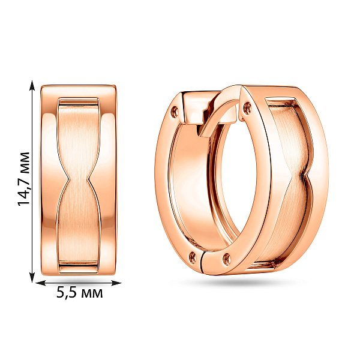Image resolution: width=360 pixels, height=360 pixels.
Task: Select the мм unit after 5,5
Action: [91, 293]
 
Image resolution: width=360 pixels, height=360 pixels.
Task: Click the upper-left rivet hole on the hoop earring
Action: [175, 112]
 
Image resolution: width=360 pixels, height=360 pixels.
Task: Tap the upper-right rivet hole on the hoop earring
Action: [247, 108]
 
